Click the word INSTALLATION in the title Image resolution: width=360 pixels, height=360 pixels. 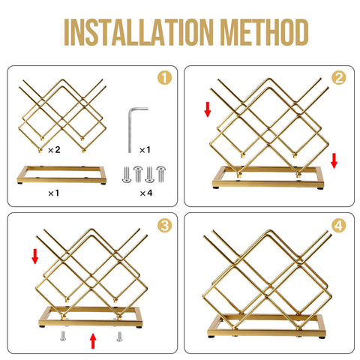click(138, 32)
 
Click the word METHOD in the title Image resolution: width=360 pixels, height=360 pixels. click(264, 32)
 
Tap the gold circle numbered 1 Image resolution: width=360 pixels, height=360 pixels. click(164, 78)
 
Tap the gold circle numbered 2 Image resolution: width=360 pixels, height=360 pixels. click(339, 78)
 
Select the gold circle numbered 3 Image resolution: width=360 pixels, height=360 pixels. click(164, 226)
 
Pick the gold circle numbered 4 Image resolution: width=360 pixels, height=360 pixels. click(339, 226)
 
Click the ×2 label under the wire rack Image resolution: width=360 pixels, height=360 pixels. click(54, 150)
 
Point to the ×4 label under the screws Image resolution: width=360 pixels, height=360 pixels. click(146, 193)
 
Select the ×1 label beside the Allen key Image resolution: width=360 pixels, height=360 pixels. click(145, 150)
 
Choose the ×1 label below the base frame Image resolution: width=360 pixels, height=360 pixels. click(54, 193)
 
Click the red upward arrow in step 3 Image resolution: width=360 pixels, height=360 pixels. click(93, 340)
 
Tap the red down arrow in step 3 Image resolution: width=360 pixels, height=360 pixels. click(35, 256)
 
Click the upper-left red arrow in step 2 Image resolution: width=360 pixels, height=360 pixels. click(208, 109)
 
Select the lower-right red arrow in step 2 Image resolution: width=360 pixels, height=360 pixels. click(334, 161)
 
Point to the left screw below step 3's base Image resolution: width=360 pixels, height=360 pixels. click(63, 336)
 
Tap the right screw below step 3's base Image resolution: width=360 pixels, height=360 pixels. click(119, 336)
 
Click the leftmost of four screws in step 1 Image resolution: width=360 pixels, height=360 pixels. click(127, 175)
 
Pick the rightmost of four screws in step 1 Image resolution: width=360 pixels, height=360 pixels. click(160, 174)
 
